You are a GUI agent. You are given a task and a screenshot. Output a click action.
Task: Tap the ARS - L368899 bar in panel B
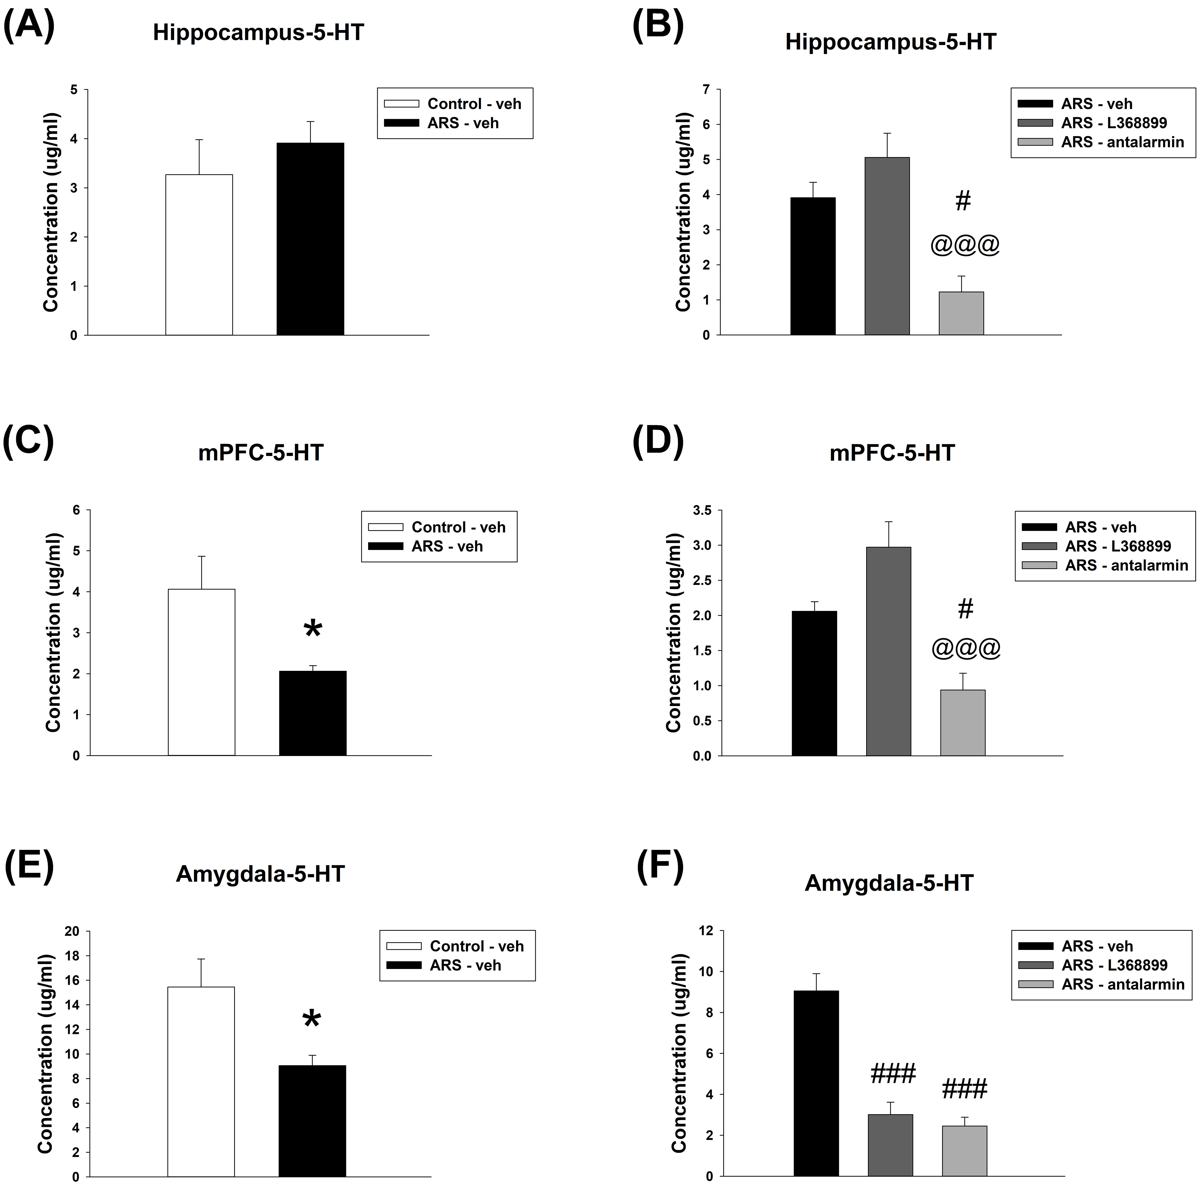887,246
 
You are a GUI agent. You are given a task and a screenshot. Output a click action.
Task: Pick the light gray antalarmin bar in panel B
961,313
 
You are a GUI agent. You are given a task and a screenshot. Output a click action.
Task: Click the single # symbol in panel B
963,201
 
